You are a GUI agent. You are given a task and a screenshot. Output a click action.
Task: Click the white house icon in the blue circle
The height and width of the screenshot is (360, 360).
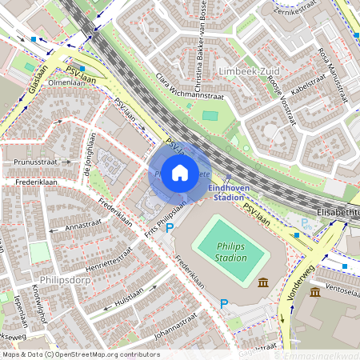[x=180, y=172]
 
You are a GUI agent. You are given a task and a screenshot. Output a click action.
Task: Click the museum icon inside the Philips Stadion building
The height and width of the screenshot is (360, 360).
[x=264, y=281]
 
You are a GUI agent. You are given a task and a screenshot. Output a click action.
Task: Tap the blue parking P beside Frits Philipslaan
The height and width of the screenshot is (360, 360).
[x=169, y=228]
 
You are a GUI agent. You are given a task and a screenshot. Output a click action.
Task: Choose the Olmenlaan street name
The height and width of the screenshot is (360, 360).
[x=66, y=82]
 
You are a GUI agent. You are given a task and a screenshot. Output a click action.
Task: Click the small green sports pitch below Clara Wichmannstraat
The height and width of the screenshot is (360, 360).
[x=210, y=116]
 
